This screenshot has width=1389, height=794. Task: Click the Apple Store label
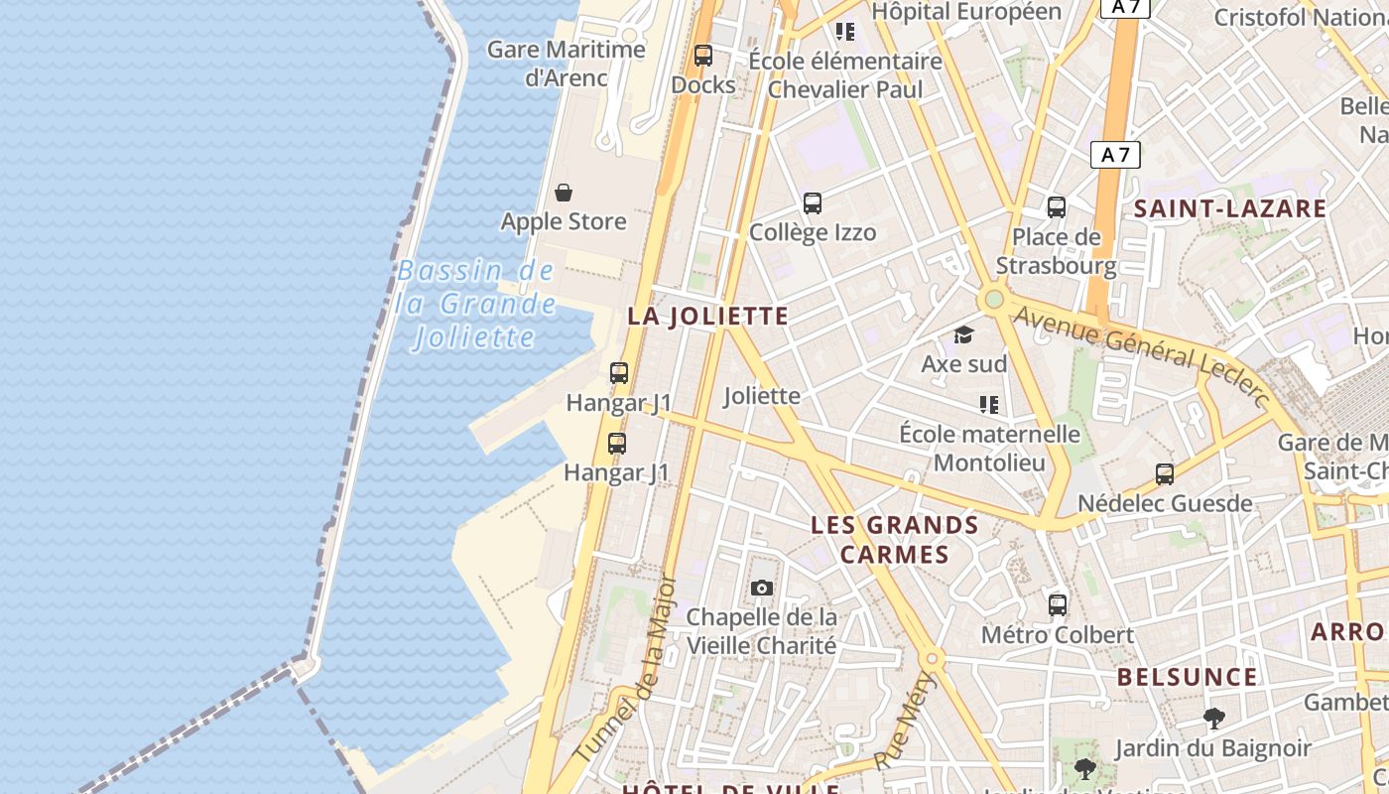click(x=564, y=221)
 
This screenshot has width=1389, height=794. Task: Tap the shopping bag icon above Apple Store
click(x=564, y=193)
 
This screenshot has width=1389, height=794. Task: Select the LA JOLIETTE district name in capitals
click(x=707, y=317)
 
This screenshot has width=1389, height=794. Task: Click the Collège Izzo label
click(x=813, y=233)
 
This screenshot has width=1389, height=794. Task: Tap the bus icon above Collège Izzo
click(x=813, y=203)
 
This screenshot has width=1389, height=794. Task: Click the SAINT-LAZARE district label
click(x=1230, y=208)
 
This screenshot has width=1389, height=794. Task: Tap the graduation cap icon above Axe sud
click(x=963, y=334)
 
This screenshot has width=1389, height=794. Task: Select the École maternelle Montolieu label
click(x=989, y=449)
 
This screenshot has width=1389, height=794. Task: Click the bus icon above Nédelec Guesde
click(x=1165, y=474)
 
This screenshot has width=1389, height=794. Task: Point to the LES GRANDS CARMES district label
click(x=895, y=539)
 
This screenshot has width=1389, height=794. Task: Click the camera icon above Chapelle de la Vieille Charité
click(x=762, y=588)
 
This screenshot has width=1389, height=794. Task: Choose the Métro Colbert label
click(x=1057, y=635)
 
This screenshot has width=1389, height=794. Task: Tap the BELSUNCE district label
click(x=1187, y=678)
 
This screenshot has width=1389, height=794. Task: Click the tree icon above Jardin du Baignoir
click(x=1212, y=719)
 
